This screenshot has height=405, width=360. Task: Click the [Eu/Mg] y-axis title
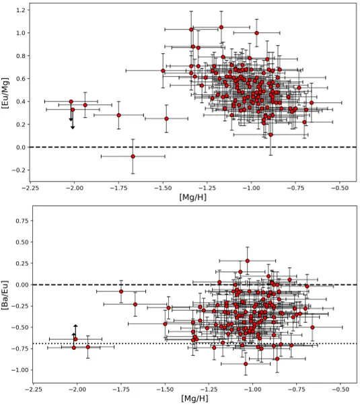pos(6,94)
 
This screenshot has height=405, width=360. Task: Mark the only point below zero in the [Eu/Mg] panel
pos(133,156)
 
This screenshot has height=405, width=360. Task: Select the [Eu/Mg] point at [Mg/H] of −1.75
pos(119,115)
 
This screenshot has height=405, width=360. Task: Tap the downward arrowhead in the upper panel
pos(73,126)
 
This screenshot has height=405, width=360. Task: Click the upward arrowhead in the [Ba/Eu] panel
pos(75,326)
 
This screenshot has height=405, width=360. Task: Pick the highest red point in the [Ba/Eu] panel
pos(247,261)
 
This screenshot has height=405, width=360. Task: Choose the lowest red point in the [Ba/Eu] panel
pos(246,364)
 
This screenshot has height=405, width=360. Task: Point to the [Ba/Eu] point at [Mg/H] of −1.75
pos(121,291)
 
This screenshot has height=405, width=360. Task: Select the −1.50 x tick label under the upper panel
pos(164,188)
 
